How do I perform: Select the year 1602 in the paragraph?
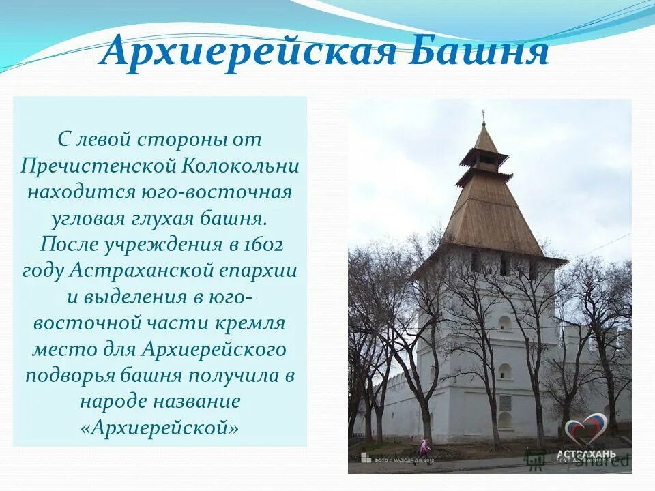(x=262, y=244)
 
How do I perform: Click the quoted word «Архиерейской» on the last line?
(x=160, y=428)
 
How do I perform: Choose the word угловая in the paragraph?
(x=88, y=218)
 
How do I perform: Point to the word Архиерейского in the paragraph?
(x=214, y=349)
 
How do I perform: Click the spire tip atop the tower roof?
(x=484, y=115)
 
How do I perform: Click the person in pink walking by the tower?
(x=424, y=447)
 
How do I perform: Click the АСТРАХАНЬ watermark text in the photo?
(x=587, y=454)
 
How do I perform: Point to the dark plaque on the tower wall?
(x=505, y=402)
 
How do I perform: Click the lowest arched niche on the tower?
(x=505, y=420)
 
